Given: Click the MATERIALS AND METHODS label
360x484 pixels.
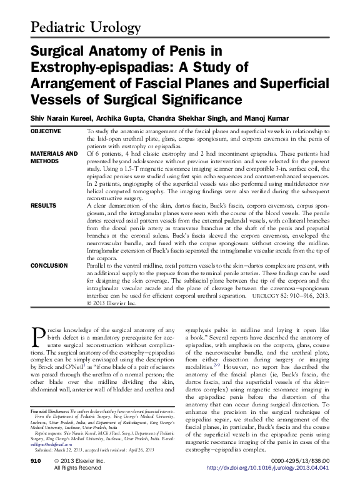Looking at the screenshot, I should click(54, 157).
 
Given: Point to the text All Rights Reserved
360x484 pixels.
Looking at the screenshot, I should click(77, 468).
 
